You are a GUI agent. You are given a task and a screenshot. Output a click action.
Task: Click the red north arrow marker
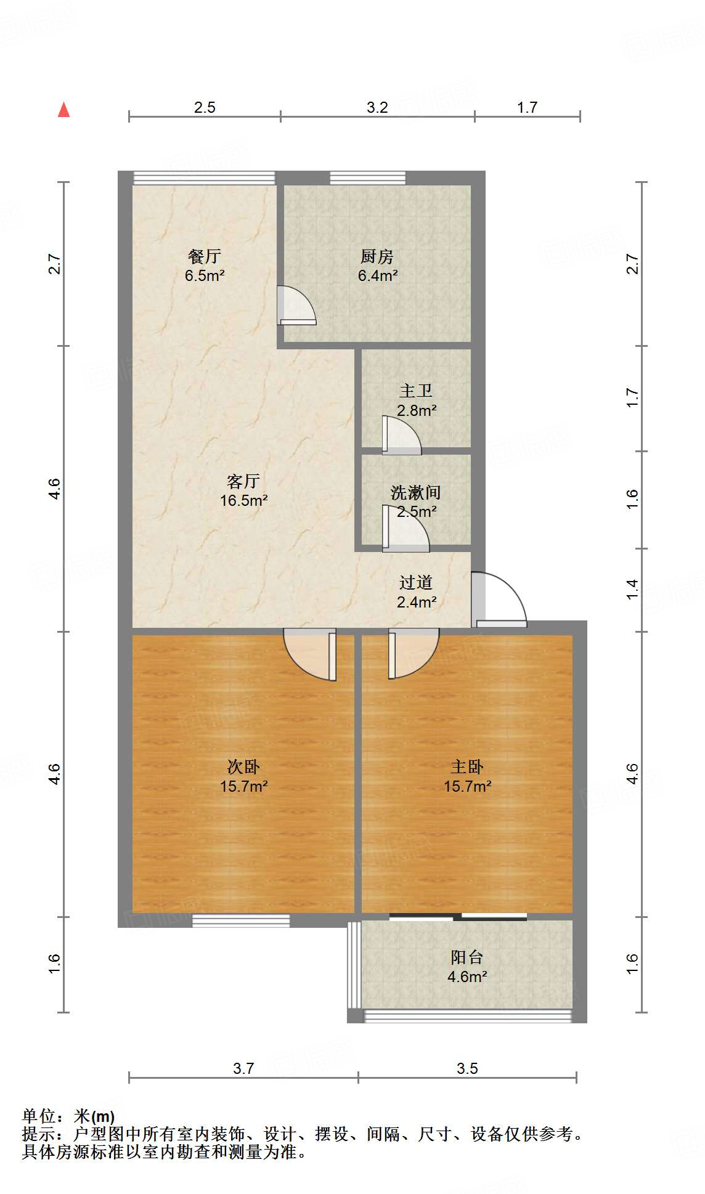pyautogui.click(x=63, y=110)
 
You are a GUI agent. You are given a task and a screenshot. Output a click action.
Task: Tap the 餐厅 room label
pyautogui.click(x=204, y=256)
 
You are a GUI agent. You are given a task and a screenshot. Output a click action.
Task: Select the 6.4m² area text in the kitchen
pyautogui.click(x=377, y=276)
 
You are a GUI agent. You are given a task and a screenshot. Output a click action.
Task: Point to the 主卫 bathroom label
pyautogui.click(x=416, y=391)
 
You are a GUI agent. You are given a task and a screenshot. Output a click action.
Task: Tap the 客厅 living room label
pyautogui.click(x=243, y=481)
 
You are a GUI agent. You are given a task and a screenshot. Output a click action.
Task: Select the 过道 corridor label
pyautogui.click(x=416, y=582)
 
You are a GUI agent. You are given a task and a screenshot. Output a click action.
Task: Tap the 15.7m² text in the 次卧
pyautogui.click(x=243, y=787)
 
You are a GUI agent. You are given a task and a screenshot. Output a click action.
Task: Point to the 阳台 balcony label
pyautogui.click(x=467, y=957)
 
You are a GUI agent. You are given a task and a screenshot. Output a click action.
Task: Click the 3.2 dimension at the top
pyautogui.click(x=377, y=107)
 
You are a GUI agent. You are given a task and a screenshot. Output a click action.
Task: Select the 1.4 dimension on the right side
pyautogui.click(x=632, y=590)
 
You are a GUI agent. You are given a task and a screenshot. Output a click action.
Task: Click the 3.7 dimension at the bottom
pyautogui.click(x=243, y=1068)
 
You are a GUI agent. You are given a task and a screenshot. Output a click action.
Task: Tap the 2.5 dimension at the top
pyautogui.click(x=205, y=107)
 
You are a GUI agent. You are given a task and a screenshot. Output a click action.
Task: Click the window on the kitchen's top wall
pyautogui.click(x=367, y=178)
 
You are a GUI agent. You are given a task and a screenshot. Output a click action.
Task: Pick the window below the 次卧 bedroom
pyautogui.click(x=241, y=921)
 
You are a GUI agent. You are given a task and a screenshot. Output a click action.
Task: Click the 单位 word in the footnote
pyautogui.click(x=38, y=1116)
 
